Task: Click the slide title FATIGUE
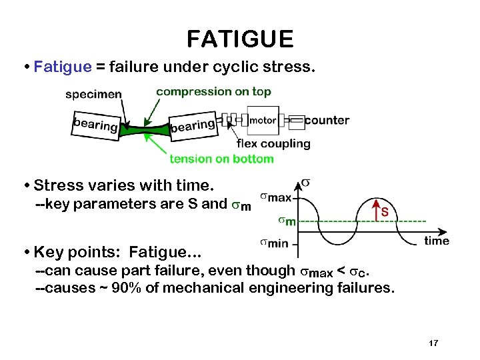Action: click(240, 39)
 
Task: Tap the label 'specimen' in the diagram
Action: click(93, 94)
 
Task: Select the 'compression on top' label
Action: click(213, 91)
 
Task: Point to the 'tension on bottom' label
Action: click(221, 159)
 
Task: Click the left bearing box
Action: click(95, 125)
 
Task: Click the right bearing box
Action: click(193, 125)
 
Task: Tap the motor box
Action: click(262, 121)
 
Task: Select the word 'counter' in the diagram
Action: click(327, 121)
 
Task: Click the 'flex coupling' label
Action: click(273, 143)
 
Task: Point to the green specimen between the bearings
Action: click(144, 129)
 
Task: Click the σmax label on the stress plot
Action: click(275, 197)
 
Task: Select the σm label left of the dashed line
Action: click(287, 221)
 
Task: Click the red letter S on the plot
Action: click(385, 213)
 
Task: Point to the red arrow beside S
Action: click(377, 209)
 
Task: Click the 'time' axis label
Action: click(437, 241)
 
